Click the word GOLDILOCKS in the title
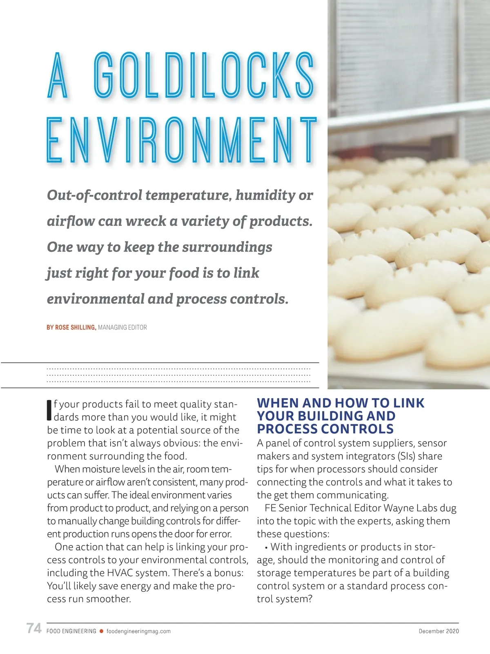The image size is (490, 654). point(204,75)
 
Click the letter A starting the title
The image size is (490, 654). point(58,75)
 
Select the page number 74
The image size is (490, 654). point(34,628)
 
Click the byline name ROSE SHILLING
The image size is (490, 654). point(75,327)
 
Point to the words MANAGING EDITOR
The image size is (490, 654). point(122,327)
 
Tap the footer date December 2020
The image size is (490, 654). point(439,631)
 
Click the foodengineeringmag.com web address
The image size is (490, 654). point(138,631)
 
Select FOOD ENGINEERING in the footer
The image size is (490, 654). point(71,631)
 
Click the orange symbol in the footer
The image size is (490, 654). point(101,631)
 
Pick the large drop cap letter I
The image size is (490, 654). point(49,410)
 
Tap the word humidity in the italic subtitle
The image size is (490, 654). point(265,195)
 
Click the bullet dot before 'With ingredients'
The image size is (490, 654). point(266,548)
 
